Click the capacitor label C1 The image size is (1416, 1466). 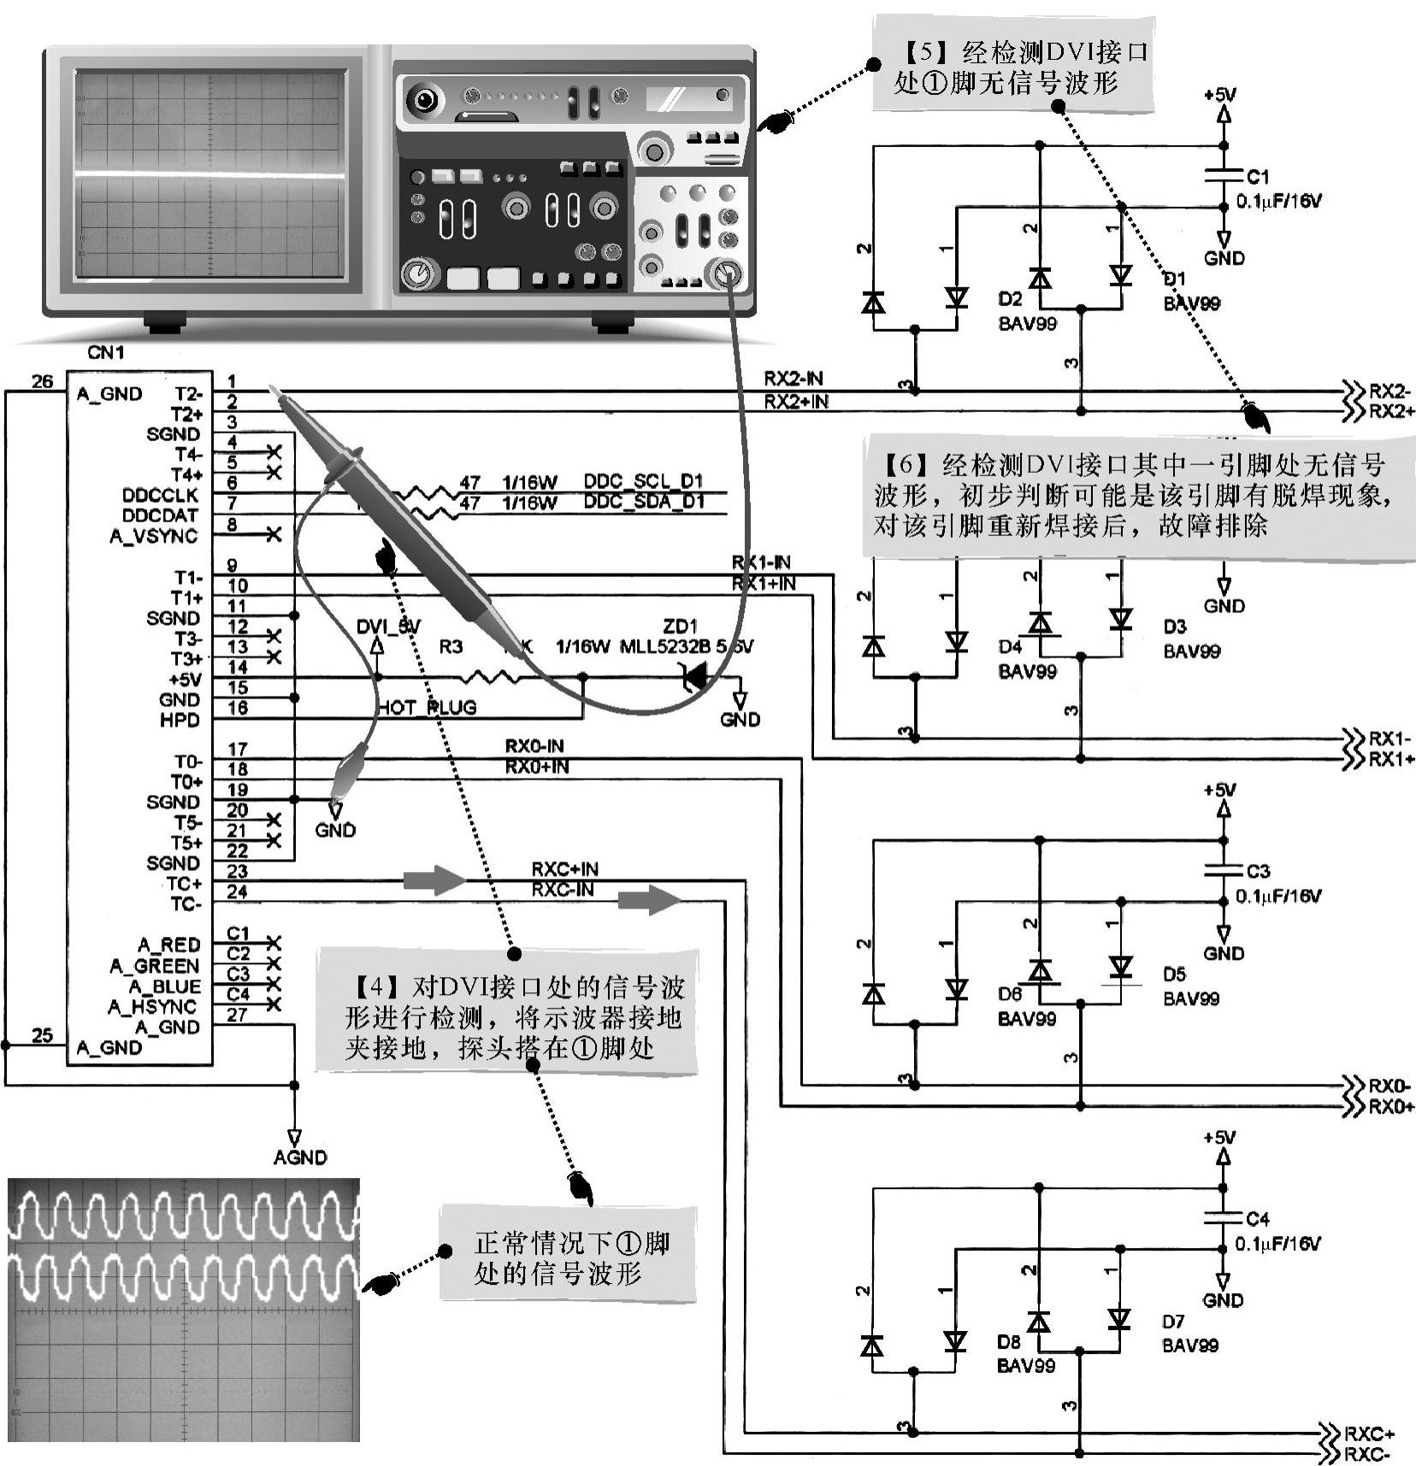click(x=1257, y=177)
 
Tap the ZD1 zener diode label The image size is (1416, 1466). click(x=680, y=626)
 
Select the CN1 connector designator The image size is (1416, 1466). click(x=106, y=352)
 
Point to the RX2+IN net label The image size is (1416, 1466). click(x=795, y=402)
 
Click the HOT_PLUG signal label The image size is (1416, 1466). click(x=428, y=708)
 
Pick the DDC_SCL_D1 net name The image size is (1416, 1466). click(x=643, y=481)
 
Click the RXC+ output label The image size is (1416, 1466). click(x=1368, y=1434)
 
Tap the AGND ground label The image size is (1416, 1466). click(x=300, y=1157)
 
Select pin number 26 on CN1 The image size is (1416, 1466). click(x=42, y=381)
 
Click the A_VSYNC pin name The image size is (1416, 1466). click(x=154, y=536)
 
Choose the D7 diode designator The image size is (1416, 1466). click(x=1173, y=1322)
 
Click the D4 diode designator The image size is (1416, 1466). click(x=1010, y=647)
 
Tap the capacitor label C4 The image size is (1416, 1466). click(x=1257, y=1219)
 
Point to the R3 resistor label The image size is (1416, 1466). click(x=451, y=647)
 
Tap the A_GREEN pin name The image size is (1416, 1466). click(x=155, y=966)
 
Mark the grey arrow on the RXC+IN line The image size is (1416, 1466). click(x=435, y=880)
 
